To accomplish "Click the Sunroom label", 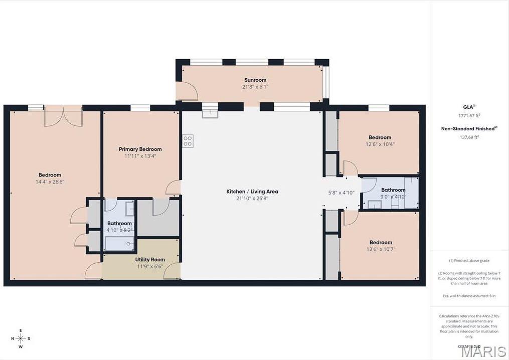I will coord(255,80).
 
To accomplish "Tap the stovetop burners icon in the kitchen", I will coord(188,141).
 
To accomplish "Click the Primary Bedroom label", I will coord(140,149).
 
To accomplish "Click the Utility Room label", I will coord(150,259).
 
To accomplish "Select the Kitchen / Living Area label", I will coord(252,192).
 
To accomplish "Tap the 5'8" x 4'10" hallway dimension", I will coord(342,192).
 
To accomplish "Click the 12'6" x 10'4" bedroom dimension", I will coord(380,144).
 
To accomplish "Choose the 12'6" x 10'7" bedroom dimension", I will coord(380,249).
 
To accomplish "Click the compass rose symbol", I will coord(21,338).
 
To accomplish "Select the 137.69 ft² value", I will coord(469,137).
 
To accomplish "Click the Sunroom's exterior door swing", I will coord(190,91).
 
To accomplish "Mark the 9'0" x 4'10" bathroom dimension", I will coord(393,197).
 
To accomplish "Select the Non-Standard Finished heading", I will coord(468,129).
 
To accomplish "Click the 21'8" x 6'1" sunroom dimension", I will coord(255,87).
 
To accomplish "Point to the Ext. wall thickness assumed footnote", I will coord(469,296).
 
